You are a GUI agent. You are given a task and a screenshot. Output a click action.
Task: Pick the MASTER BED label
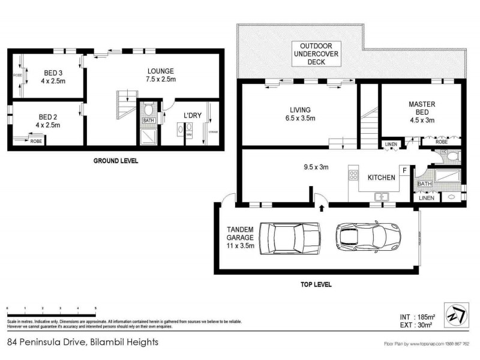(422, 112)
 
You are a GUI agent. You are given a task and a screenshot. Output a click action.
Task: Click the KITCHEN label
(381, 177)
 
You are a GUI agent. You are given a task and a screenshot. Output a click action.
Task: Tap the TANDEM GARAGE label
(241, 237)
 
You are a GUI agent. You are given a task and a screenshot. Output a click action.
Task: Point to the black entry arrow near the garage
(322, 208)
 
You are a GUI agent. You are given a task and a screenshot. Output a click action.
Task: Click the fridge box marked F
(405, 171)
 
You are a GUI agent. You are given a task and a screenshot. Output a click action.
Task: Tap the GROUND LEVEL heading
(116, 161)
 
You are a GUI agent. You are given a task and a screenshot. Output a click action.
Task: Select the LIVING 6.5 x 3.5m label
(300, 114)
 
